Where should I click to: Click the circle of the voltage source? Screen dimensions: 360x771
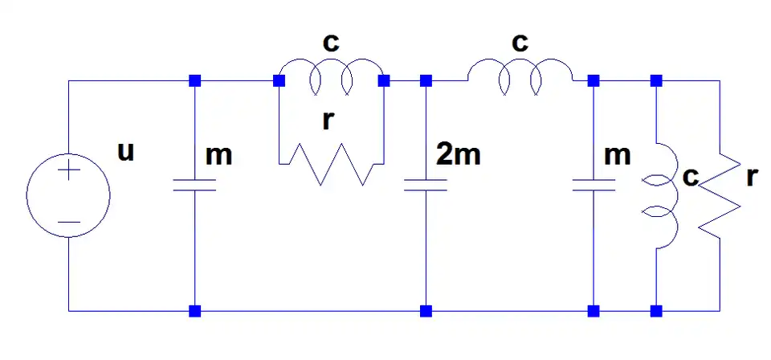(68, 195)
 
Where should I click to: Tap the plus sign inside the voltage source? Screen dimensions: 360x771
(68, 171)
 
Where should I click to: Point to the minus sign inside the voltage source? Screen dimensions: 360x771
(68, 221)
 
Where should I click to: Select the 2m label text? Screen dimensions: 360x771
(458, 153)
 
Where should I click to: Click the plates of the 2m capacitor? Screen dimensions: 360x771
(426, 186)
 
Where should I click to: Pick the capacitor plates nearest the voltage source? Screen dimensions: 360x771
(194, 186)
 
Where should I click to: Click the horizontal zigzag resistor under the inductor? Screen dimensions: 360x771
(332, 166)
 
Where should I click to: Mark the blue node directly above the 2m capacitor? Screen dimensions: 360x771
(426, 81)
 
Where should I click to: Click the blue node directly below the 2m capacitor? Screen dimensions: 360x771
(426, 310)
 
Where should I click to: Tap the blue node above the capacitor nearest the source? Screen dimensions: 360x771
(194, 81)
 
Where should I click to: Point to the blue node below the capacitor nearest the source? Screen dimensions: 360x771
(194, 310)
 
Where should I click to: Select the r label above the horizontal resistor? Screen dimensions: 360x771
(327, 121)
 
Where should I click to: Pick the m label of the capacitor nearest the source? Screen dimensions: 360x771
(218, 155)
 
